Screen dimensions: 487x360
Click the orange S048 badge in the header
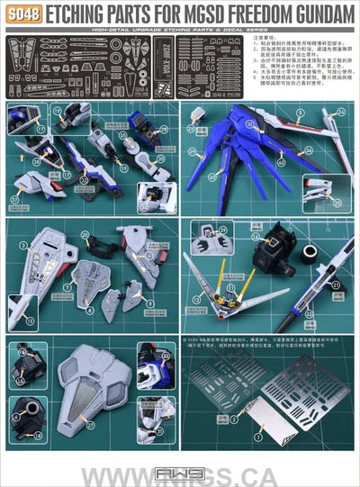tap(20, 15)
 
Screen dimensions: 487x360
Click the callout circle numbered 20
tap(85, 235)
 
